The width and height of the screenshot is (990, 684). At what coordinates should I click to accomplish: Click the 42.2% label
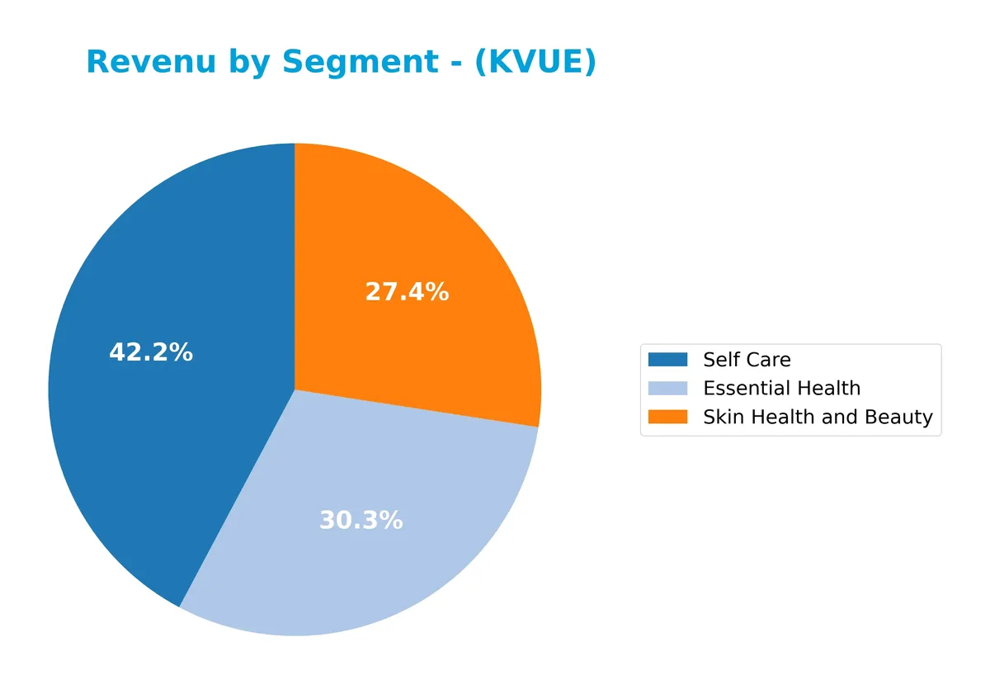(x=151, y=353)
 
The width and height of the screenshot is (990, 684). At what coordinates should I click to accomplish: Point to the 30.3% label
(x=361, y=521)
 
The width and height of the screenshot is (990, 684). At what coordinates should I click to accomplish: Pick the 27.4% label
(x=407, y=292)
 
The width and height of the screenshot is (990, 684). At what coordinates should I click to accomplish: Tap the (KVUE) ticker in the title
(x=535, y=63)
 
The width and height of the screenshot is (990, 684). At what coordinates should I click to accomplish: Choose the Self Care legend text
(x=747, y=360)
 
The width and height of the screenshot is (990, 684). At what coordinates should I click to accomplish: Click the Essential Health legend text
(x=781, y=389)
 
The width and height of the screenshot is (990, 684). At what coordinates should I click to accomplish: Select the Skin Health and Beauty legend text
(x=817, y=417)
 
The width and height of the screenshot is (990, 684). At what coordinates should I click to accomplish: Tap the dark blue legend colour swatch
(x=667, y=360)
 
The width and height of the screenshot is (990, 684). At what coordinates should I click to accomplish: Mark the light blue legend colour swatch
(x=667, y=389)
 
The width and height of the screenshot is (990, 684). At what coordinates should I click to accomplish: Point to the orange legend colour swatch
(x=667, y=417)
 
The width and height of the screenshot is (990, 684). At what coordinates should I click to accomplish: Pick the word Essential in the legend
(x=739, y=389)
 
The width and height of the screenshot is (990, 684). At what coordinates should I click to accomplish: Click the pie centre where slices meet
(x=295, y=389)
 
